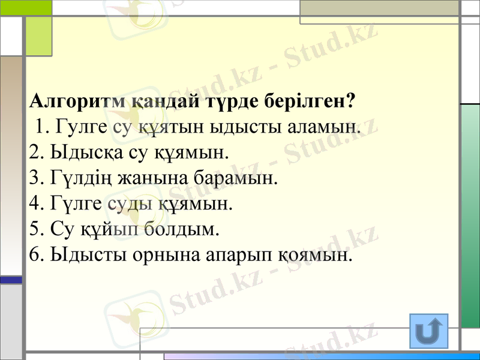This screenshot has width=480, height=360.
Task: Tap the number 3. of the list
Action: coord(35,178)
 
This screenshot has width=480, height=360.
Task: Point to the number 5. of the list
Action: coord(35,230)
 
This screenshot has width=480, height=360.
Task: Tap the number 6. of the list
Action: coord(35,256)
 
